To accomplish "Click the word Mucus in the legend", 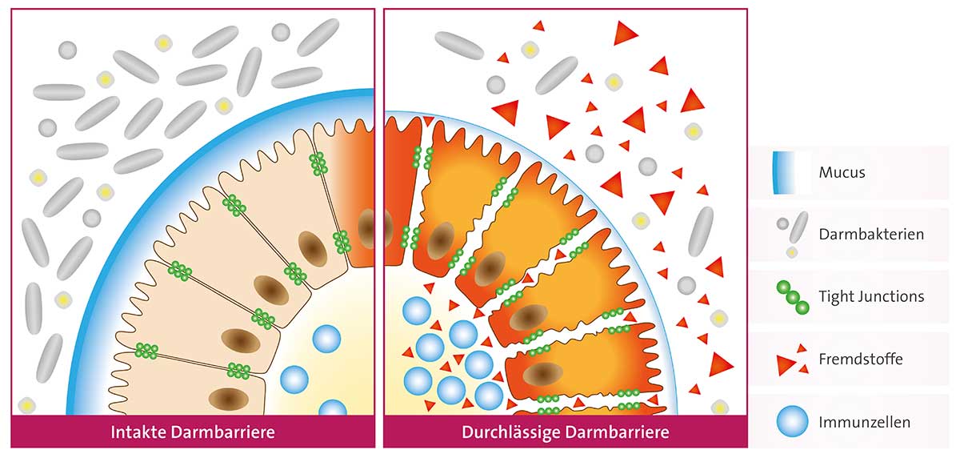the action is pos(842,172).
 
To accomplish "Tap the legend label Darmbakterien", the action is pos(871,235).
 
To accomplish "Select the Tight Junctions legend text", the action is pos(871,297).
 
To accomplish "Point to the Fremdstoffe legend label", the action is pos(861,359).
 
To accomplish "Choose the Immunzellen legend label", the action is pos(865,423).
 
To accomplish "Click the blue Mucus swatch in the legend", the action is pos(784,173).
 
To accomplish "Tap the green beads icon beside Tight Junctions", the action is pos(793,297).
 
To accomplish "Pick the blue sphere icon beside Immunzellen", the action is pos(793,421).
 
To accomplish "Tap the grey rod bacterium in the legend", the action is pos(799,227).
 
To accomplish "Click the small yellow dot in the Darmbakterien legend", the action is pos(791,252).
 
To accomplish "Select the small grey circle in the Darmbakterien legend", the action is pos(782,223).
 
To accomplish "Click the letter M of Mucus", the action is pos(826,172).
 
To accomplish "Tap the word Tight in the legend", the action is pos(835,297).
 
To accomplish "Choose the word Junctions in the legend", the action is pos(890,297).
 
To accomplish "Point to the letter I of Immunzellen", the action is pos(821,423).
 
